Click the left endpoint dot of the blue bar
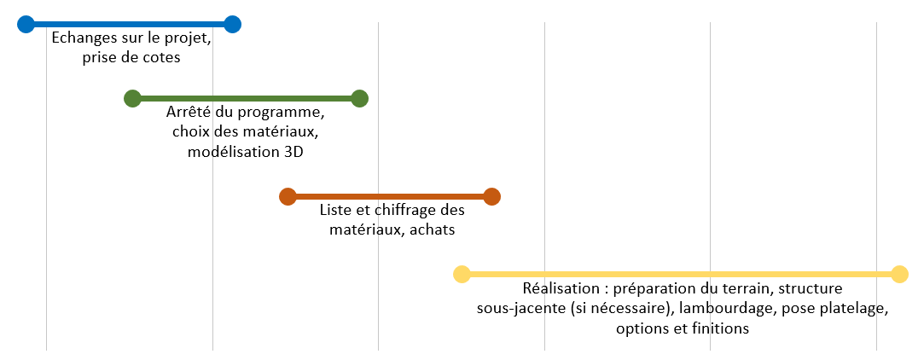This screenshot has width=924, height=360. (x=26, y=24)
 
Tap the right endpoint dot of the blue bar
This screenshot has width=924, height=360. (x=232, y=24)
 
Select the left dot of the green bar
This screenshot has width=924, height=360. (x=132, y=99)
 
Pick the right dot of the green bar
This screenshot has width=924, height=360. (x=359, y=99)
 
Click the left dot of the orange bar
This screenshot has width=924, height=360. (x=288, y=197)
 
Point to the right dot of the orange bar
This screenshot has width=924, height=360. (x=491, y=197)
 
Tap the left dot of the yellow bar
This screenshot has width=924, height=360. (x=462, y=275)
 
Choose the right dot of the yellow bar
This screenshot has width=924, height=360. (x=898, y=275)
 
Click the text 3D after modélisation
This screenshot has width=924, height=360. (x=292, y=152)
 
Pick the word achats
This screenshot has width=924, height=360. (x=432, y=230)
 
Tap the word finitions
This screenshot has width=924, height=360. (x=718, y=328)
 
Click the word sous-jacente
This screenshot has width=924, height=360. (x=521, y=308)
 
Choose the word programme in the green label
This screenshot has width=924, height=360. (x=278, y=113)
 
